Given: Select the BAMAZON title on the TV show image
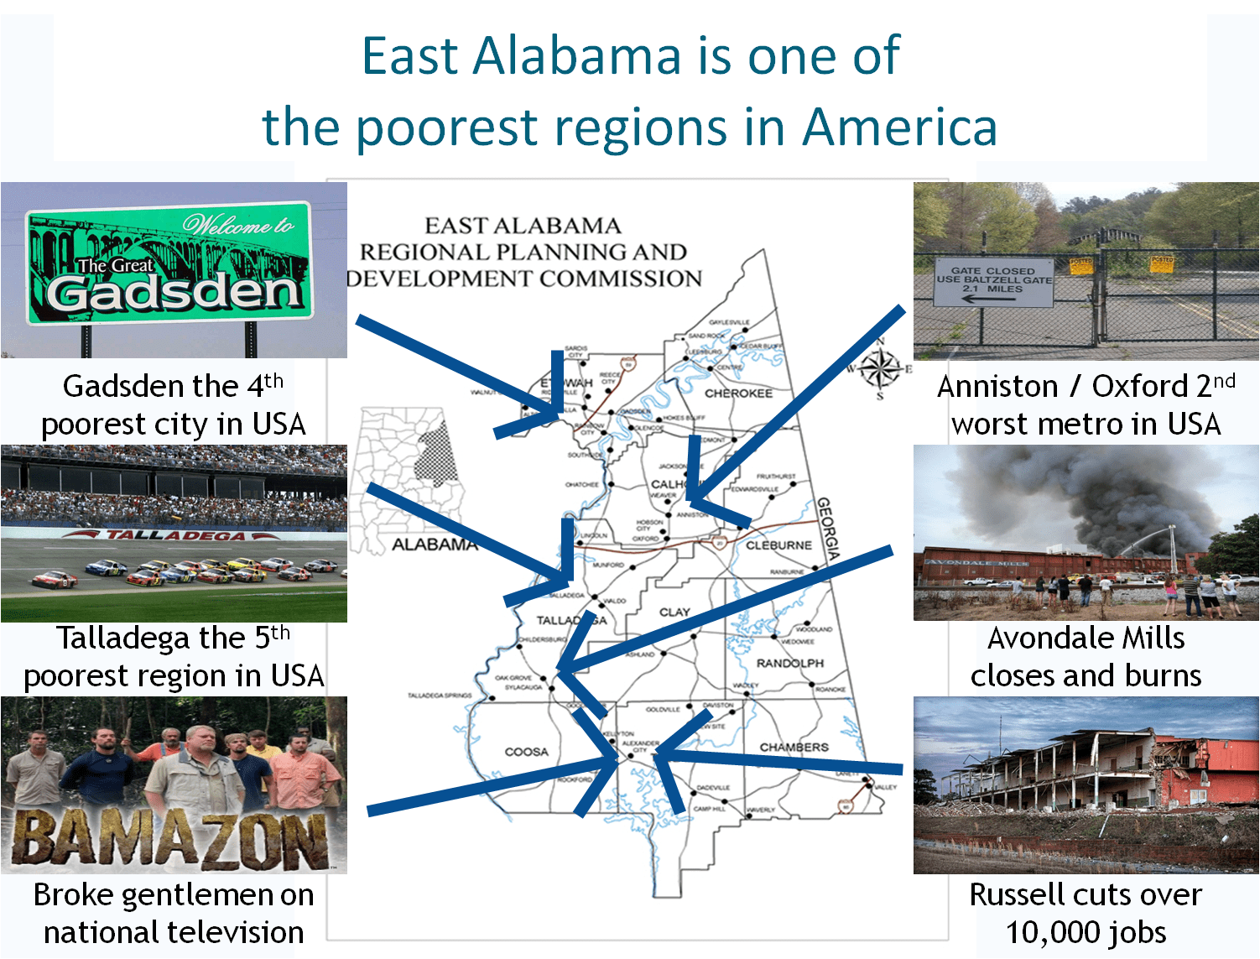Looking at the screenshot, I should [172, 839].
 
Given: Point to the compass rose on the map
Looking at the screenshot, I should [879, 367].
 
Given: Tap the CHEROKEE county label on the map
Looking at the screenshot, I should [738, 393].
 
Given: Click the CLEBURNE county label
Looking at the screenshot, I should [778, 545].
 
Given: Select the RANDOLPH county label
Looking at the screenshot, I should [789, 663].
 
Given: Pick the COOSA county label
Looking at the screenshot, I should [526, 752].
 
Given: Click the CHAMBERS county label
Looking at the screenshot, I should [794, 747].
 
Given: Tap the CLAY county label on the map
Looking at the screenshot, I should [674, 612].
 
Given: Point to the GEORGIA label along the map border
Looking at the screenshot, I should [828, 529].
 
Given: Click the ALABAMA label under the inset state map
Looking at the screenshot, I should [435, 545].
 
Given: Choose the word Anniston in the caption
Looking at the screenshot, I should [997, 387].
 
